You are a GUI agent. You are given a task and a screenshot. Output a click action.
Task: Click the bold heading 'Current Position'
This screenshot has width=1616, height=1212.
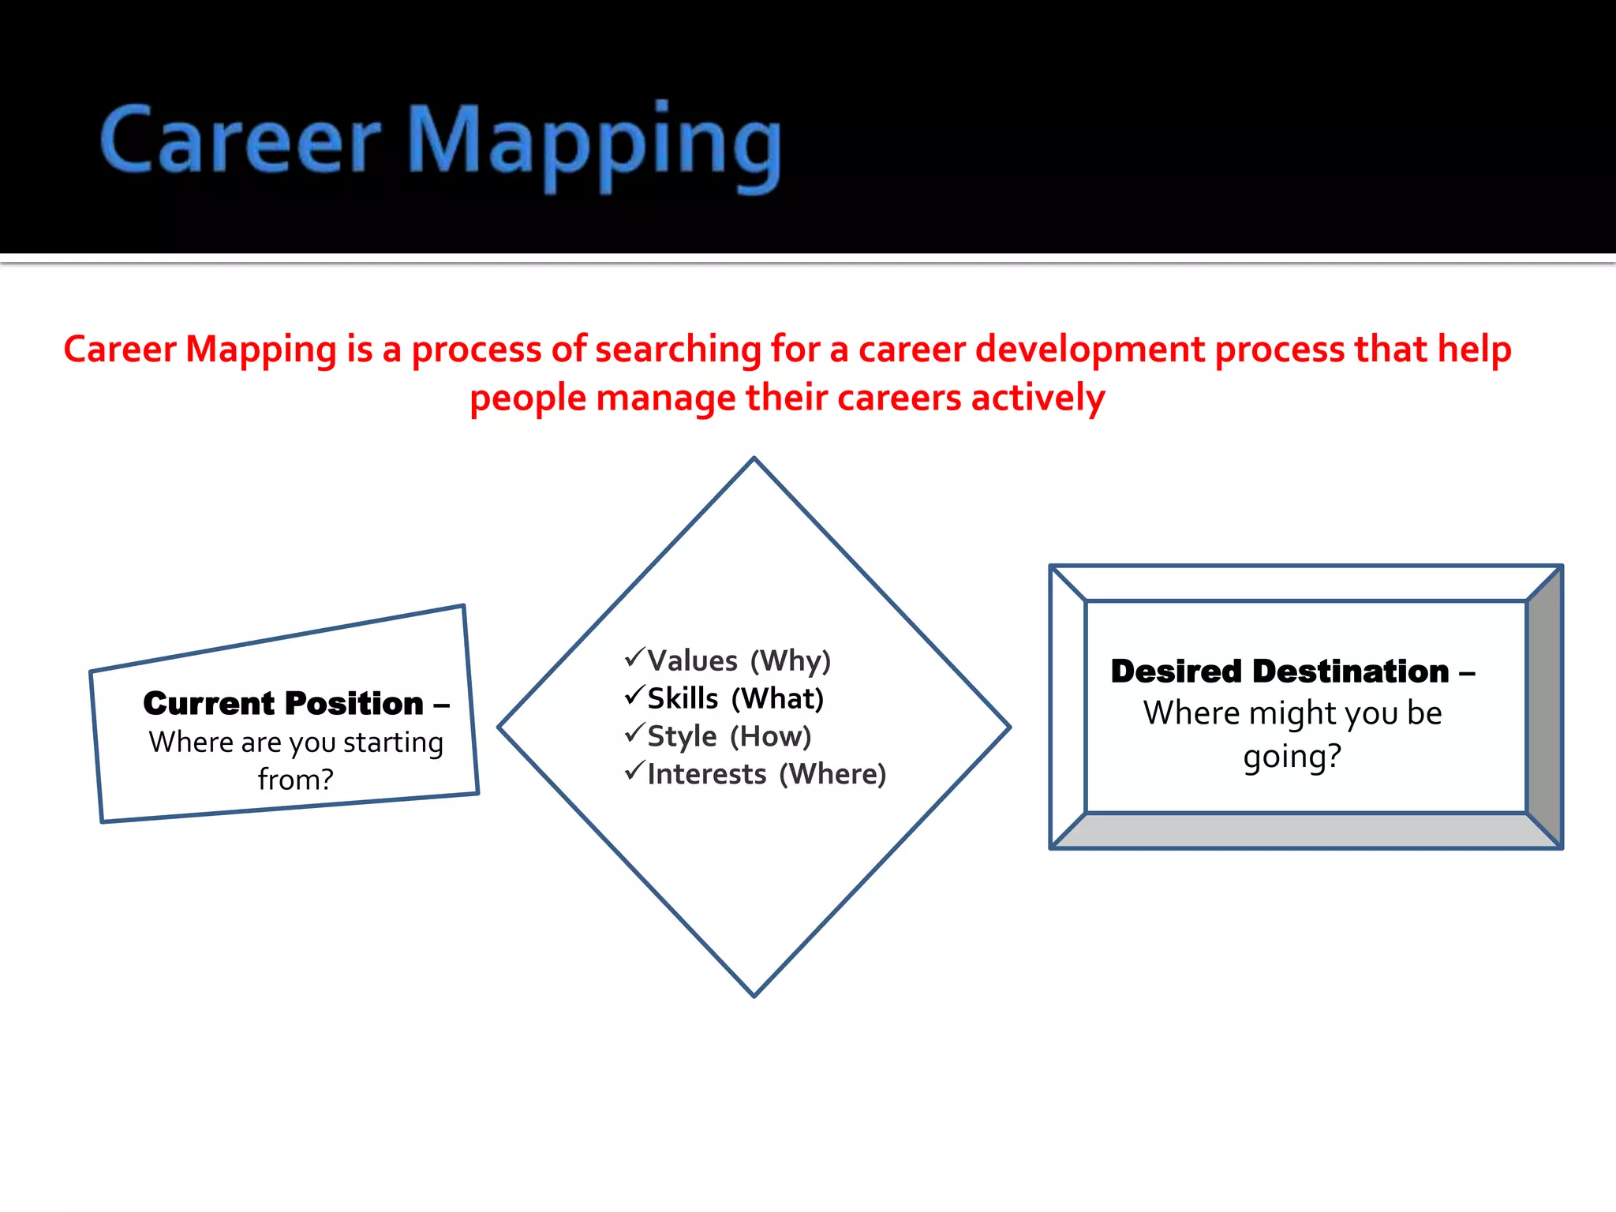[x=283, y=703]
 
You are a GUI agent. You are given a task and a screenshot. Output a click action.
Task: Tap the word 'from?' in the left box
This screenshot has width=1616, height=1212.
[x=295, y=780]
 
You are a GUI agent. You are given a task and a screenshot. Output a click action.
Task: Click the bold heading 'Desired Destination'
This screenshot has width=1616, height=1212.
[x=1280, y=671]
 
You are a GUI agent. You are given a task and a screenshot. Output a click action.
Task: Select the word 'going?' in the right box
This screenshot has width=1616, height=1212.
[x=1292, y=756]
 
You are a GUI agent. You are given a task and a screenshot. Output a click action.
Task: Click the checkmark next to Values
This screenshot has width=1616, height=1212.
[x=634, y=656]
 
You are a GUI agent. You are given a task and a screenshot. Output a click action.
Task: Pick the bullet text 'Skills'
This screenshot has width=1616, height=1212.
[x=683, y=698]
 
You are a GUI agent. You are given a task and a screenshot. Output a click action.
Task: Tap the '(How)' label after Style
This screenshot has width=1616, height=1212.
[x=770, y=736]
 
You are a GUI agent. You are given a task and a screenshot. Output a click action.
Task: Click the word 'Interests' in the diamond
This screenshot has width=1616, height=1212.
[x=706, y=774]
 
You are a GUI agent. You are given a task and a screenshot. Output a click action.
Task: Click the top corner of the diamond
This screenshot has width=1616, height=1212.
[x=754, y=459]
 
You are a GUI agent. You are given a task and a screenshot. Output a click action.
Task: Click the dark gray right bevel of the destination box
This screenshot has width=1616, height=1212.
[x=1544, y=706]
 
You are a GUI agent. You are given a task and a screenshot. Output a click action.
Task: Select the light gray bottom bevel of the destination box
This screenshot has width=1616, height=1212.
[x=1306, y=831]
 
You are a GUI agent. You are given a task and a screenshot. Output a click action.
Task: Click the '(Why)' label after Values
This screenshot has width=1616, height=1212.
[x=791, y=660]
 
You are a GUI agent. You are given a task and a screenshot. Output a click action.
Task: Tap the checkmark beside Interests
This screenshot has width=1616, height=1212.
[x=634, y=770]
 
